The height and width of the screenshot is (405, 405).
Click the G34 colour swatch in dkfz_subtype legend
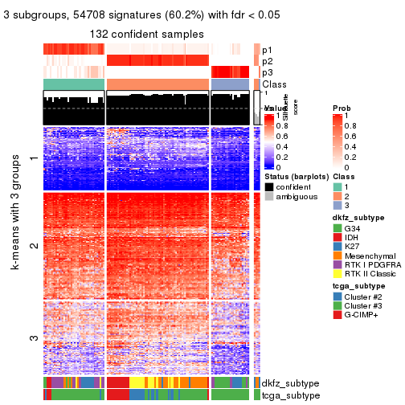click(x=339, y=229)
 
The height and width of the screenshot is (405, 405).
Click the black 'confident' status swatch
click(x=269, y=187)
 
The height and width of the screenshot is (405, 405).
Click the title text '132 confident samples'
click(x=147, y=33)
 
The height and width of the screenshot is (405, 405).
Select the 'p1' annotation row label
click(x=267, y=49)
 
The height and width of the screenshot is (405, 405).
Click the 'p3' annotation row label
click(x=267, y=72)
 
